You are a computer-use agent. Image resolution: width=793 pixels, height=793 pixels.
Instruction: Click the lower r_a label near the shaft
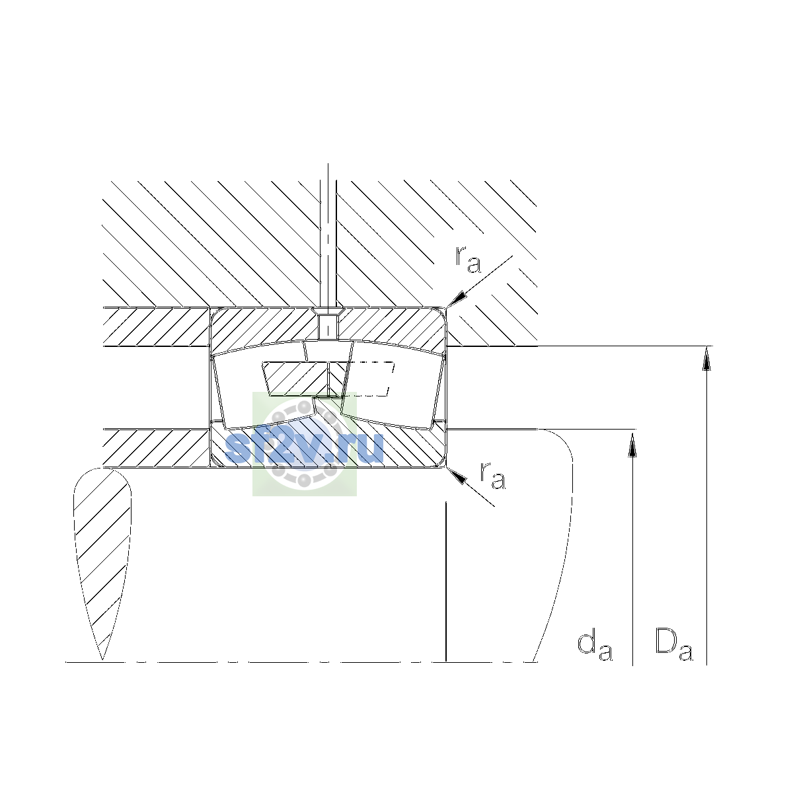point(492,475)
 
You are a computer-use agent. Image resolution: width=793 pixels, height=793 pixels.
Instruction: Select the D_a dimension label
point(673,644)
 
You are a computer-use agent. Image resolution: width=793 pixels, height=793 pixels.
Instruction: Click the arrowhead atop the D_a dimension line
point(706,358)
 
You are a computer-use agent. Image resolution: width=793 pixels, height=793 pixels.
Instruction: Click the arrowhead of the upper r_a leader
point(457,299)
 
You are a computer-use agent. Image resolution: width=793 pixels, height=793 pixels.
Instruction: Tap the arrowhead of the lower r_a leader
point(457,476)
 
